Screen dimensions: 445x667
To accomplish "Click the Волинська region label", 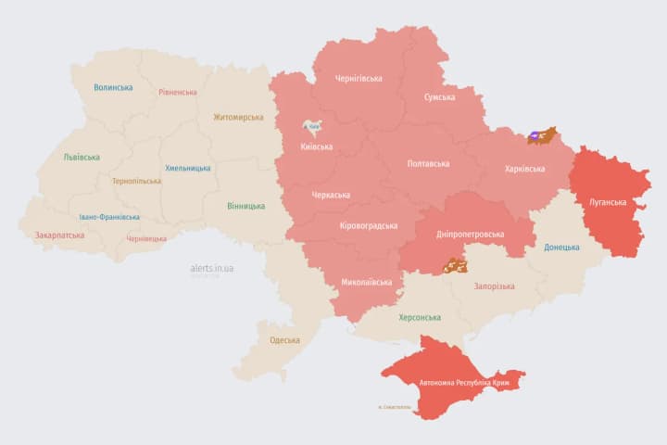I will (113, 88).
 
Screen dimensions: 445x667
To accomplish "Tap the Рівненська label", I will (178, 93).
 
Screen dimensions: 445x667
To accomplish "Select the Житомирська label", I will (238, 118).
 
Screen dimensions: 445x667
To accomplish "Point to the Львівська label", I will (82, 158).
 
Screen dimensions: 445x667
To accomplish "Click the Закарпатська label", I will (59, 235).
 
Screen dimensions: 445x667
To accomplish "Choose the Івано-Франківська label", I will (109, 217).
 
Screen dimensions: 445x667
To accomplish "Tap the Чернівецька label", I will (145, 238).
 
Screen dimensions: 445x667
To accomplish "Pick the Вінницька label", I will (245, 206).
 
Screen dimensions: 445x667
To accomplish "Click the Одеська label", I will (284, 340).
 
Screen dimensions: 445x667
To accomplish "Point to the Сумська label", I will (439, 97).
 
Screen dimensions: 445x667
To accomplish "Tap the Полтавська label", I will (428, 164).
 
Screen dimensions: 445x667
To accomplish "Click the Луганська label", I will (608, 202).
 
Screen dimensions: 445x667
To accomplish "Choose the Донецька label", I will (561, 248).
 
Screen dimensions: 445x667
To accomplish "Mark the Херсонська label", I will (419, 317).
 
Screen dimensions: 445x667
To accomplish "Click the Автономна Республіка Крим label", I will (459, 382).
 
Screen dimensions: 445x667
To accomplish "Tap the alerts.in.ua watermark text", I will (212, 268).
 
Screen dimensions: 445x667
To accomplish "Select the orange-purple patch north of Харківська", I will (542, 136).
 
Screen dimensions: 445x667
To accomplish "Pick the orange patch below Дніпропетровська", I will (454, 265).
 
